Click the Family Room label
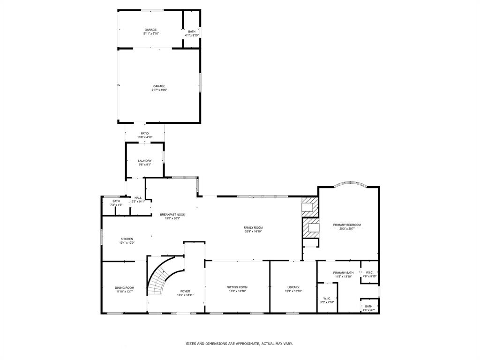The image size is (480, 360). point(253,227)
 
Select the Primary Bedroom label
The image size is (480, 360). point(347,225)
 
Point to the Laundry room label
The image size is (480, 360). point(144,161)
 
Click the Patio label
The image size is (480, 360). point(145,134)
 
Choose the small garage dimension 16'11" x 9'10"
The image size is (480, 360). point(150,34)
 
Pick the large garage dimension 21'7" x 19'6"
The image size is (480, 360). point(159,90)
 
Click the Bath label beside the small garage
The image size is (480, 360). point(192,31)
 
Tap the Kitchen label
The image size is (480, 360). point(127,239)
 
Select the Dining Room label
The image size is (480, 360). point(124,287)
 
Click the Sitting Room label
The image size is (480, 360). point(237,287)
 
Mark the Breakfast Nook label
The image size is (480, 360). point(172,214)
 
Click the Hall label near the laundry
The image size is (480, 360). point(138,198)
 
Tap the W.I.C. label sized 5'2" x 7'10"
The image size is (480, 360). point(327,298)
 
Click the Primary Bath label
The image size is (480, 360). point(343,272)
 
